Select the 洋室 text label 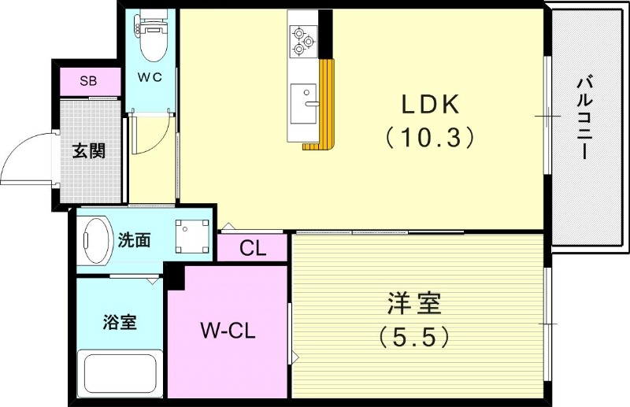click(x=414, y=303)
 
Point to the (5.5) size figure click(x=414, y=337)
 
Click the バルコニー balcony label click(x=584, y=117)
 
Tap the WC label click(x=150, y=77)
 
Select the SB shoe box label click(x=89, y=81)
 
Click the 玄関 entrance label click(x=90, y=150)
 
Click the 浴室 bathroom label click(x=120, y=322)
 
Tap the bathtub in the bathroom click(x=120, y=374)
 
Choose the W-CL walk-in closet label click(x=227, y=331)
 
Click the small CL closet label click(x=252, y=250)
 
